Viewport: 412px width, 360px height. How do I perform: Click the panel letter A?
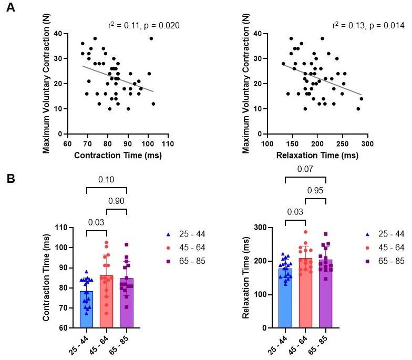pyautogui.click(x=9, y=9)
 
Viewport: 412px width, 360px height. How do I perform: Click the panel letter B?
pyautogui.click(x=9, y=178)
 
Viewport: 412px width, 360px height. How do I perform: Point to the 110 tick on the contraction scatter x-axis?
pyautogui.click(x=168, y=142)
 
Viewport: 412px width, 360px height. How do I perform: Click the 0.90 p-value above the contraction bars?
pyautogui.click(x=117, y=200)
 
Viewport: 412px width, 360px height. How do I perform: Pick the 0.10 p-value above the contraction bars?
pyautogui.click(x=107, y=179)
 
